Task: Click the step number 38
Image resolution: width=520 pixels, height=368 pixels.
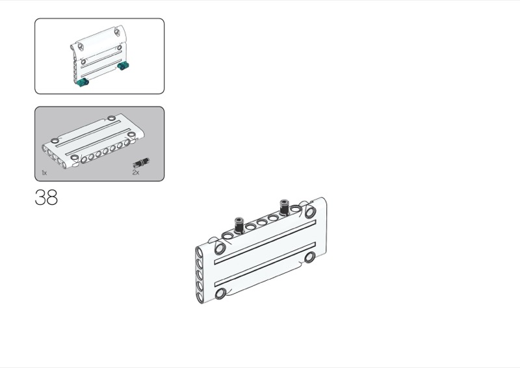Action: coord(46,197)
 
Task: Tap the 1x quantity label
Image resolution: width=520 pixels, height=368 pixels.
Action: coord(44,172)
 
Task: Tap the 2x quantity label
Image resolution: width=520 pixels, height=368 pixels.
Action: coord(136,172)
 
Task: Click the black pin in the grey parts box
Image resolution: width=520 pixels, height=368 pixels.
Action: coord(141,163)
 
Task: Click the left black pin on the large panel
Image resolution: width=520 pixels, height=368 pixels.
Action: coord(239,225)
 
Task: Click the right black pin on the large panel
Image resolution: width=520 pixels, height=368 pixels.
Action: coord(285,206)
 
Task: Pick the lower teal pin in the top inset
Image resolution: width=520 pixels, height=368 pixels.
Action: coord(83,82)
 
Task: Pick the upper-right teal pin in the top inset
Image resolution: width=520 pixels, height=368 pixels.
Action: coord(123,66)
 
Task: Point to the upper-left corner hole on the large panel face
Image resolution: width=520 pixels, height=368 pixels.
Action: coord(220,248)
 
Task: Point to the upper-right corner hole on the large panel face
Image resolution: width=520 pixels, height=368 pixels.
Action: coord(311,212)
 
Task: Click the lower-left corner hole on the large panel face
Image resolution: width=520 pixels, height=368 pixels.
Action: coord(220,294)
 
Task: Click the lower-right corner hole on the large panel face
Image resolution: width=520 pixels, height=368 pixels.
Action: coord(310,257)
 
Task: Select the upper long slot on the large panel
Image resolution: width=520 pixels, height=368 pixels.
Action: coord(265,242)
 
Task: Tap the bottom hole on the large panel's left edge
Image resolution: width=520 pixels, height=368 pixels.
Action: coord(200,296)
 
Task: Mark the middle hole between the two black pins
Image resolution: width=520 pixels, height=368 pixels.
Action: coord(262,222)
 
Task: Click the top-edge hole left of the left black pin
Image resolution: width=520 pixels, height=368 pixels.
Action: coord(228,236)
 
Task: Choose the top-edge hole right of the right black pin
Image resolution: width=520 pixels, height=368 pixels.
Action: coord(296,209)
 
